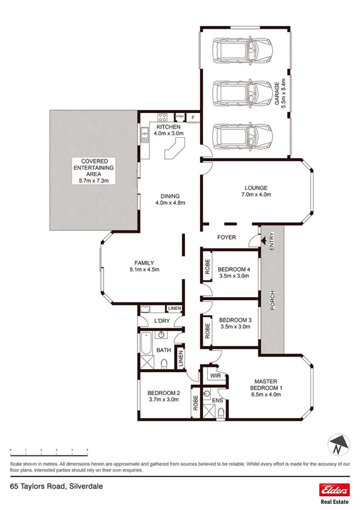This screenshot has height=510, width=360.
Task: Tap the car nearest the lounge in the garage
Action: [x=245, y=136]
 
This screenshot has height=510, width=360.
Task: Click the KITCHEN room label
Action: [x=169, y=127]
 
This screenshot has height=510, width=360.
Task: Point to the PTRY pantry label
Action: [x=180, y=117]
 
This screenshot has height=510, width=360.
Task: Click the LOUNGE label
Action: [x=256, y=187]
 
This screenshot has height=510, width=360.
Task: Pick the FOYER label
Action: [x=226, y=237]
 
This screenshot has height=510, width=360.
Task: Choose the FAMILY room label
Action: [x=144, y=262]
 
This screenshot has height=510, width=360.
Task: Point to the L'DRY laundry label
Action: [x=161, y=321]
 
